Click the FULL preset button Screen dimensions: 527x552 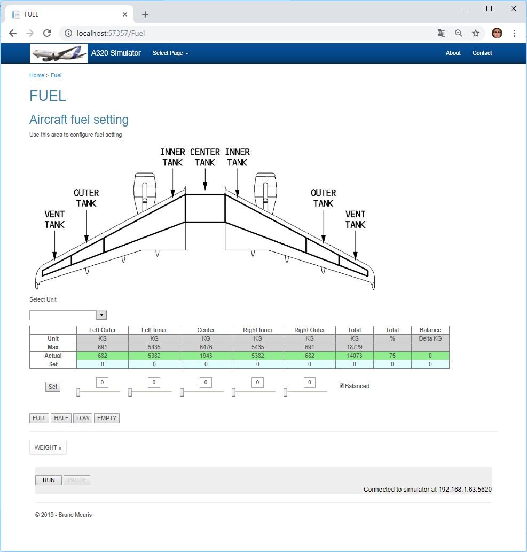[39, 418]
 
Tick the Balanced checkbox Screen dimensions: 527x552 [342, 385]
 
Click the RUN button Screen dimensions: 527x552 [49, 480]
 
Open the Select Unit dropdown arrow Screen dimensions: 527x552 [102, 315]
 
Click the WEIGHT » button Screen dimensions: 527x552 [48, 447]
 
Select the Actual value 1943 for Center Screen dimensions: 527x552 [206, 356]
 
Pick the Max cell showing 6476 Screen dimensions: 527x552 [206, 347]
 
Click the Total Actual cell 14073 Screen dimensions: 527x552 [354, 356]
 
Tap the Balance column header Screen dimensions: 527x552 [430, 330]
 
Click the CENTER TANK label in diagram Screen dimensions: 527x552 [205, 157]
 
